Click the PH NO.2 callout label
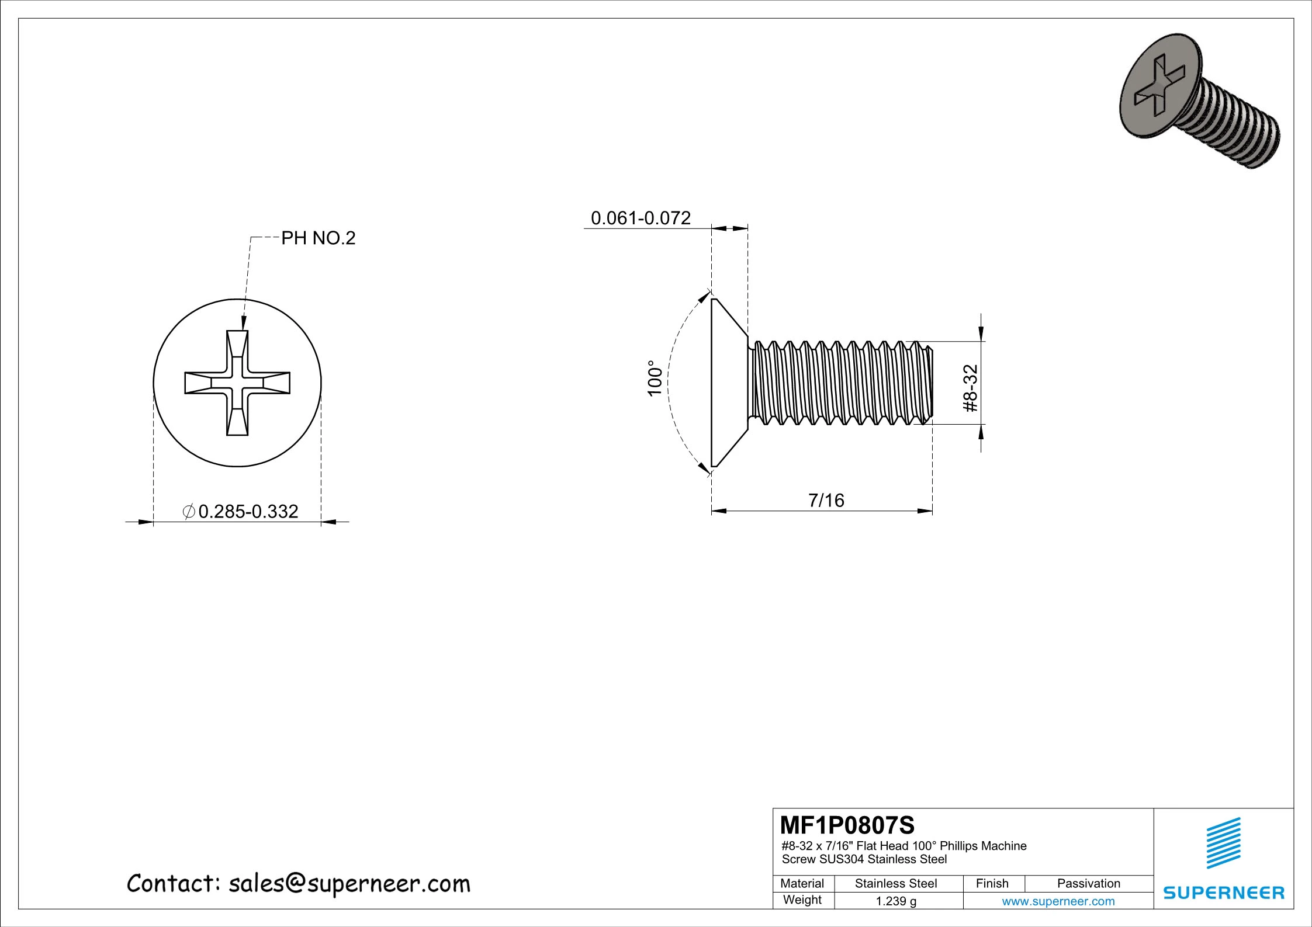tap(319, 238)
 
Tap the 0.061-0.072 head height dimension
tap(641, 218)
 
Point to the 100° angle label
tap(655, 379)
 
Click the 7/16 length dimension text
tap(826, 501)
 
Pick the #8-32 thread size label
tap(970, 388)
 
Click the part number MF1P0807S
tap(847, 825)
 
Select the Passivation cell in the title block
tap(1089, 884)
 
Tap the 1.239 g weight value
tap(896, 901)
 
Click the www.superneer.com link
tap(1058, 901)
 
